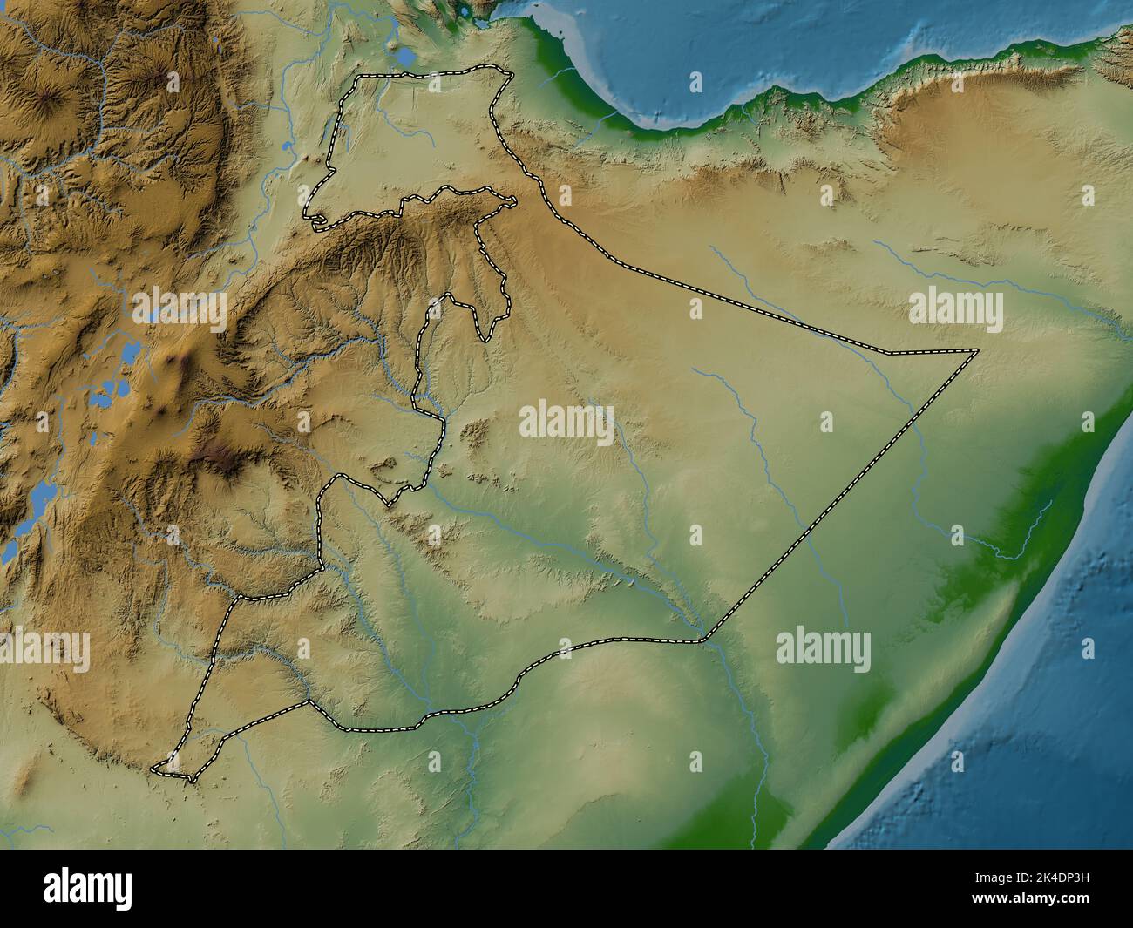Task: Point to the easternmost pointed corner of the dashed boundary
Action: click(977, 350)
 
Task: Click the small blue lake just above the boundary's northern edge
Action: click(405, 58)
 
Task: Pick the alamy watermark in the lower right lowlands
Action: click(823, 650)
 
